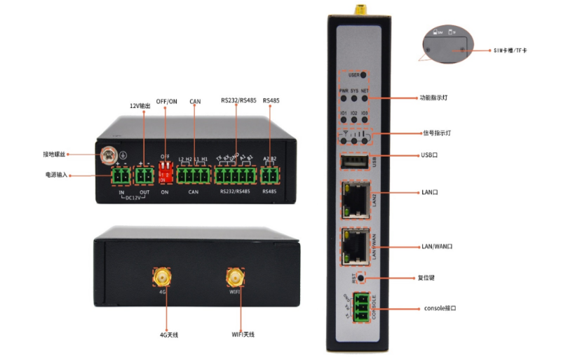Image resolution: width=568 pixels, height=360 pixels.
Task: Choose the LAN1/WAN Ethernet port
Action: tap(354, 246)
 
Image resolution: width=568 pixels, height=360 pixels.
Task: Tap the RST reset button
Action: tap(361, 279)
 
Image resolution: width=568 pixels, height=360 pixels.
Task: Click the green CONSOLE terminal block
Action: tap(360, 307)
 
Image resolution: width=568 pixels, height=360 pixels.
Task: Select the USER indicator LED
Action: tap(364, 74)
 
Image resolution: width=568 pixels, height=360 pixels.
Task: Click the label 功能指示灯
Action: tap(434, 98)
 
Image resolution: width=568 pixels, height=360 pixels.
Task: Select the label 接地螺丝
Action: tap(55, 155)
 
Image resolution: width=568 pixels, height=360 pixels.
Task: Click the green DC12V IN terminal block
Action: tap(121, 175)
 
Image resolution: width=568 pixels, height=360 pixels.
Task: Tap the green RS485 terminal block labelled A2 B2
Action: tap(270, 175)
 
